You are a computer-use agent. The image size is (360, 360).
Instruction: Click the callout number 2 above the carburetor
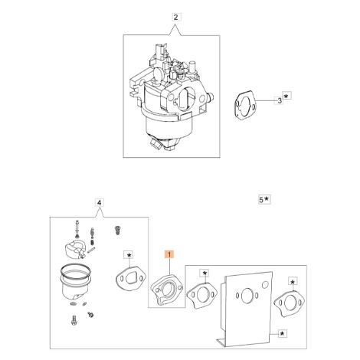[175, 18]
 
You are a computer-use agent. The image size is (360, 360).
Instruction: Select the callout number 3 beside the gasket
[280, 100]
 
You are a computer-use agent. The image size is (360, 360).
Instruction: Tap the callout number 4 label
[100, 202]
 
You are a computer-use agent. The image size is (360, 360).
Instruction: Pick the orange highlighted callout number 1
[169, 254]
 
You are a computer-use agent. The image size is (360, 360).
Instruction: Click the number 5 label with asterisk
[264, 199]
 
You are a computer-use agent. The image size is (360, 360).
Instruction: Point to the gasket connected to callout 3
[246, 106]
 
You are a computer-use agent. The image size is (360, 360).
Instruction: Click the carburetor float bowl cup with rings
[75, 282]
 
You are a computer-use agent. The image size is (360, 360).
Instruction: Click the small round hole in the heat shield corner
[265, 284]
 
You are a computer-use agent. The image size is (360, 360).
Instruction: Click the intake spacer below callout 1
[167, 290]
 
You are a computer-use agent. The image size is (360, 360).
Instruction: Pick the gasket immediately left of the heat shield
[202, 295]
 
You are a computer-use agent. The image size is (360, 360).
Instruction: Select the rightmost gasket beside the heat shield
[290, 303]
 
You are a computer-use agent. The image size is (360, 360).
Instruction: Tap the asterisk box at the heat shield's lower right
[282, 333]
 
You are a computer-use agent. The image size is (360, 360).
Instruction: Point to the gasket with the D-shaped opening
[130, 279]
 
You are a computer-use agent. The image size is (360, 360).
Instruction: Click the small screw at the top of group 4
[117, 230]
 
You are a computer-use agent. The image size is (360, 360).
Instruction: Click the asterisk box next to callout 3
[286, 96]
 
